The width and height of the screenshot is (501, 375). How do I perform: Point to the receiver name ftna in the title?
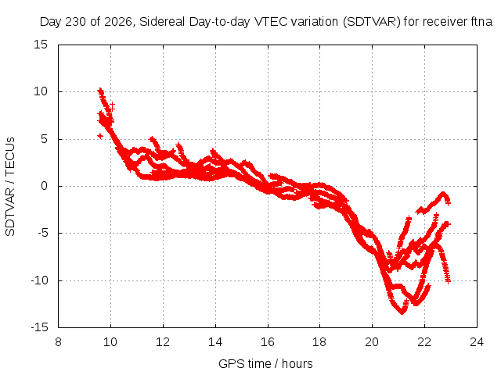click(x=481, y=22)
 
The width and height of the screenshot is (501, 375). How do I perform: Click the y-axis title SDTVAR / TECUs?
click(x=10, y=187)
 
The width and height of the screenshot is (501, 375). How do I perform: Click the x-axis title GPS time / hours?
click(x=265, y=364)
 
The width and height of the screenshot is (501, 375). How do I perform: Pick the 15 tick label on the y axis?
click(x=41, y=45)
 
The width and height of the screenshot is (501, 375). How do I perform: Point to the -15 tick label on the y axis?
click(x=39, y=327)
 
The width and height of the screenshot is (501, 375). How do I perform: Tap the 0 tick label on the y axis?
click(x=45, y=186)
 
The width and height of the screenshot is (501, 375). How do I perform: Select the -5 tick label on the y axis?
click(x=42, y=233)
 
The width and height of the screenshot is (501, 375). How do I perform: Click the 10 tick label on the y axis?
click(x=41, y=92)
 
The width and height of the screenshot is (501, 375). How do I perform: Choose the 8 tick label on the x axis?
click(x=58, y=342)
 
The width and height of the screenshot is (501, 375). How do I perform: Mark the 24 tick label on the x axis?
click(x=477, y=342)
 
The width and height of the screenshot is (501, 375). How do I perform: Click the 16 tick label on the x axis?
click(x=268, y=342)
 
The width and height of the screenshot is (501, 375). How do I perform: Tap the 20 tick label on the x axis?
click(x=372, y=342)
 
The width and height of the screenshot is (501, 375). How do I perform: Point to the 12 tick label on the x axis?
click(x=163, y=342)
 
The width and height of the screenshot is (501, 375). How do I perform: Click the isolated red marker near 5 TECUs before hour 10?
click(x=100, y=136)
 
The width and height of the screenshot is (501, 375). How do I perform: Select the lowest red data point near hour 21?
click(x=402, y=312)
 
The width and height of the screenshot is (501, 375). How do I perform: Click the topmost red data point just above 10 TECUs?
click(x=100, y=91)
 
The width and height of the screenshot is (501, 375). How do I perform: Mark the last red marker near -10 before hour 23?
click(x=448, y=281)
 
